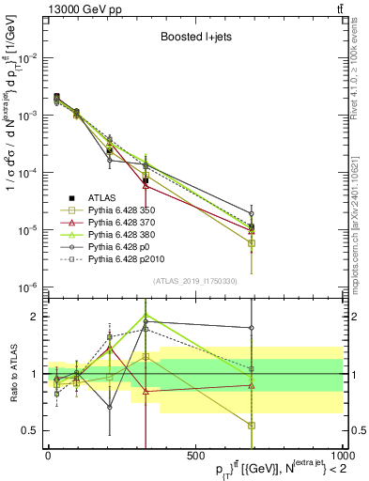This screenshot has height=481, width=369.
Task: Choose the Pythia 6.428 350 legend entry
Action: pos(115,209)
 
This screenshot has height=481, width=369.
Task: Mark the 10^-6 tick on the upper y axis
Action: pos(26,287)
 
